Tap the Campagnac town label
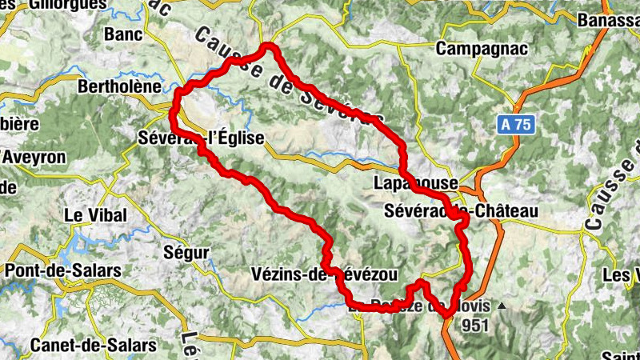[482, 49]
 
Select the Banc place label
[123, 35]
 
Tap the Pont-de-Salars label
[63, 270]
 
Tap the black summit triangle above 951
[502, 306]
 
